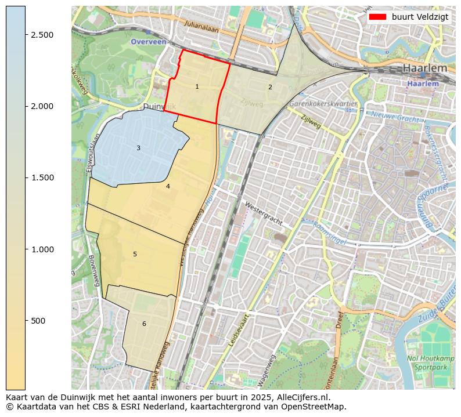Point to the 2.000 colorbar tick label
click(x=41, y=106)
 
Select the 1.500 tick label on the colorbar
click(x=41, y=177)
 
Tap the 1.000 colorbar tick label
click(x=41, y=249)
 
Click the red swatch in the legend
click(x=377, y=17)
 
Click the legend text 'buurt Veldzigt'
click(x=420, y=17)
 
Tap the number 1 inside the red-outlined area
click(x=197, y=87)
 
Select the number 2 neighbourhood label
click(x=270, y=87)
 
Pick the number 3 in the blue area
click(x=138, y=148)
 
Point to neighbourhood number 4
click(x=168, y=186)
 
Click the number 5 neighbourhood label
click(x=135, y=255)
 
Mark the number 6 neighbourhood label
click(x=144, y=324)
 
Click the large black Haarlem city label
click(x=425, y=68)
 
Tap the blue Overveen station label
click(x=148, y=42)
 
